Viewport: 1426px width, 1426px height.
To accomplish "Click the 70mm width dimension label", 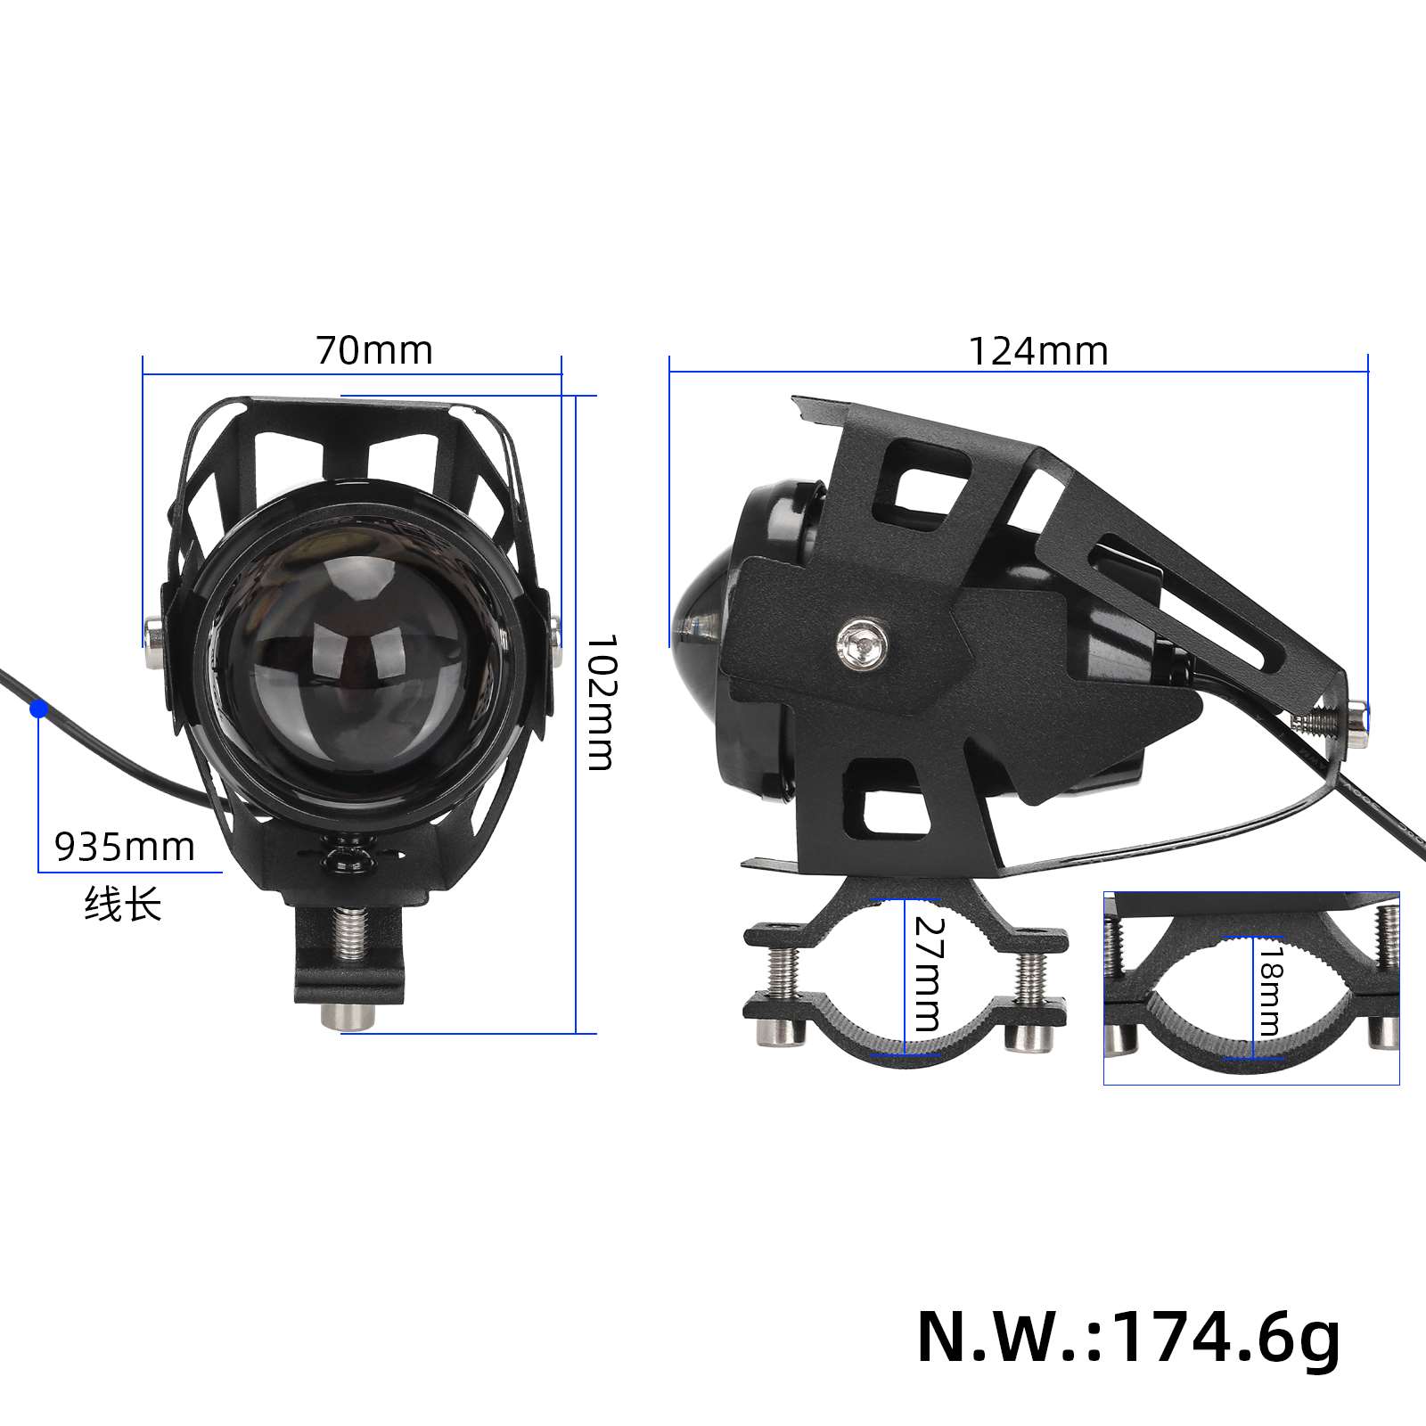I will pos(374,350).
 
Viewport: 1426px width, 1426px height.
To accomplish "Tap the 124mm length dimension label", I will pos(1038,351).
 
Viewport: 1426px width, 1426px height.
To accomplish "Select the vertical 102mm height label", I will pos(601,702).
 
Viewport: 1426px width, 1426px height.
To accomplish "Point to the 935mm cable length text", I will pos(125,847).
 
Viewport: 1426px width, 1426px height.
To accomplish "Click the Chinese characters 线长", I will pos(123,905).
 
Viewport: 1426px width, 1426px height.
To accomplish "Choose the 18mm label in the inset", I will pos(1267,990).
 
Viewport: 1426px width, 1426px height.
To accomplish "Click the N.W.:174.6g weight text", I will pos(1128,1336).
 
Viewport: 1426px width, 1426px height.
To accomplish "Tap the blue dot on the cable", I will pos(38,709).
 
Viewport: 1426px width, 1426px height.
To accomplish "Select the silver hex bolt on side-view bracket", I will pos(862,642).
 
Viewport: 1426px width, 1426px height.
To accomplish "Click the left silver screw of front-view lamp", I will pos(152,639).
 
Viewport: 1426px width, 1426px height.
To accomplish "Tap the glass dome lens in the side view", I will pos(701,615).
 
